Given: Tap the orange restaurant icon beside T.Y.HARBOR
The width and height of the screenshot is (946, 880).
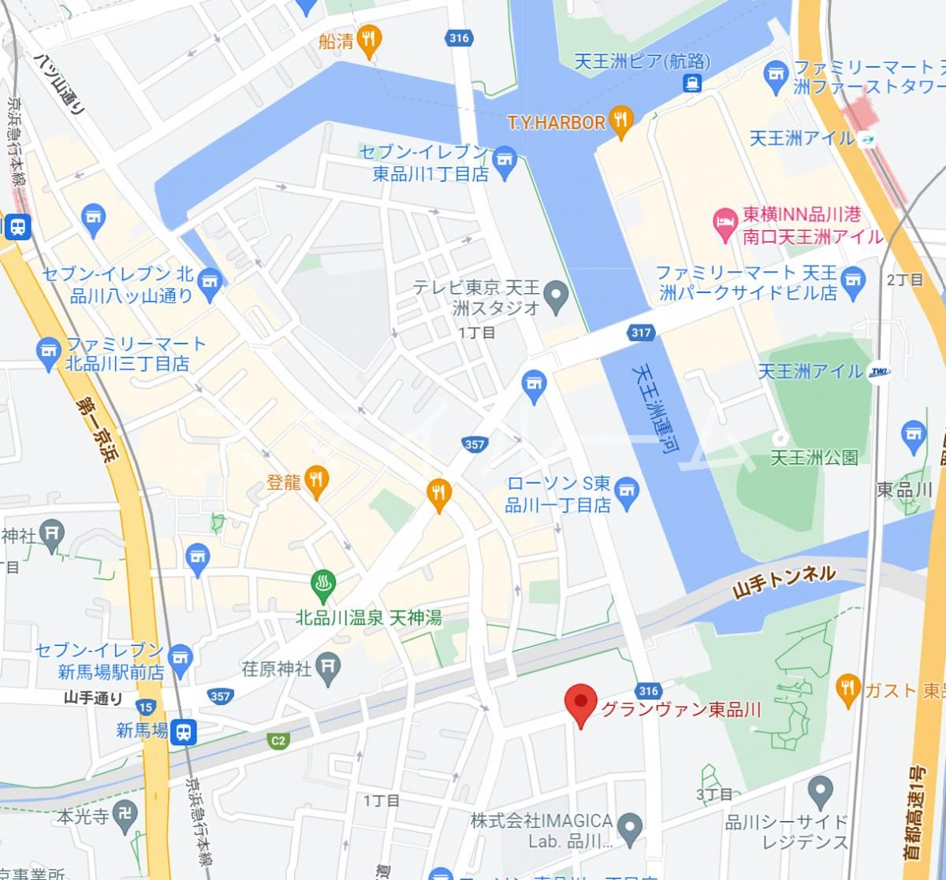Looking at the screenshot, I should [x=622, y=120].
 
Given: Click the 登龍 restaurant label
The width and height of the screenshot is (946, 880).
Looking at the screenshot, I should [x=284, y=482].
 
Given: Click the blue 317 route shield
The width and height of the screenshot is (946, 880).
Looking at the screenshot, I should [x=641, y=332].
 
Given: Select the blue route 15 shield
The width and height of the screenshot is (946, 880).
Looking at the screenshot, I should [x=145, y=707].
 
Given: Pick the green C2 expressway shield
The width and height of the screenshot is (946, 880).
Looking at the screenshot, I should [x=277, y=740].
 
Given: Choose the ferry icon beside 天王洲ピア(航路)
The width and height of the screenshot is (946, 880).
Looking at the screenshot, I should [x=691, y=83].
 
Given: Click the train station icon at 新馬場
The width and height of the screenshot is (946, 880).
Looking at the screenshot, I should [x=184, y=731].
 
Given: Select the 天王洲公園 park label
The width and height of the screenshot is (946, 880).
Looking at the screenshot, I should [x=814, y=457].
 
